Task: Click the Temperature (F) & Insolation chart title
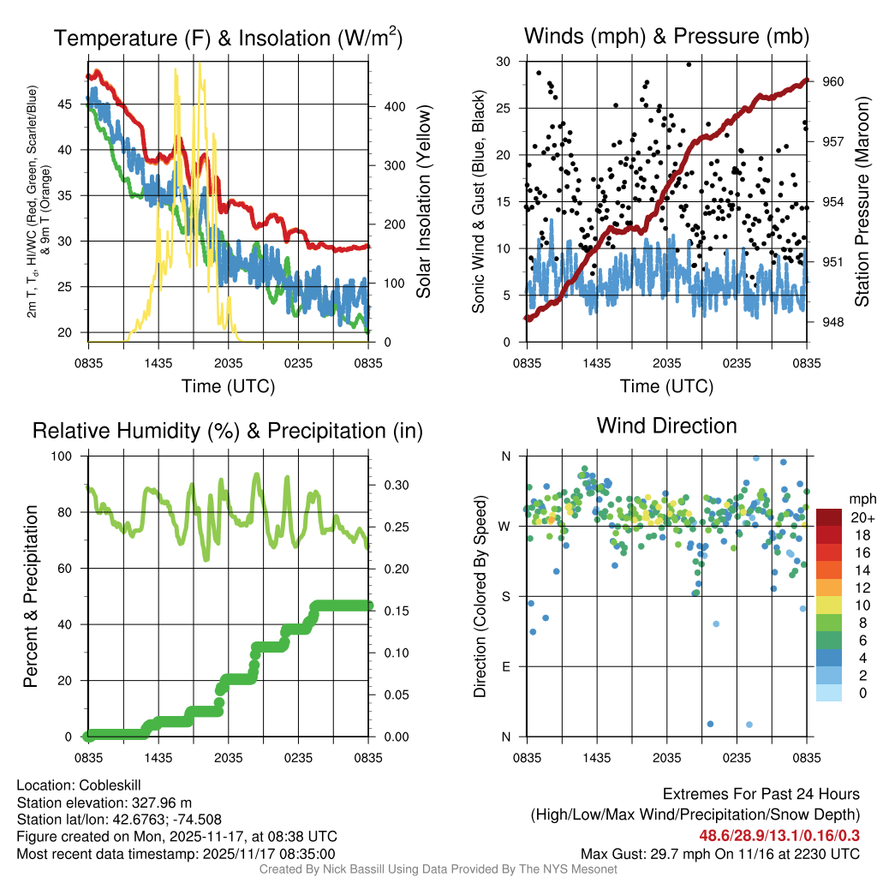click(228, 39)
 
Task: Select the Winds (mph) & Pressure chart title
click(666, 36)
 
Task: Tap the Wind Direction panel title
click(666, 426)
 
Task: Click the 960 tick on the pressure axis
click(834, 81)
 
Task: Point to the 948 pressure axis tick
click(834, 322)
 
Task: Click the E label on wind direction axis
click(505, 666)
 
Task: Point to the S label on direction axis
click(505, 596)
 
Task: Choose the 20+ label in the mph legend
click(861, 518)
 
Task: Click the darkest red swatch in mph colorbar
click(829, 518)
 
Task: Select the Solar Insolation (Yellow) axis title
click(423, 202)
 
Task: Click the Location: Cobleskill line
click(79, 785)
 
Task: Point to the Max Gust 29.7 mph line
click(719, 853)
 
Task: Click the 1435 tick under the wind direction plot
click(596, 757)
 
